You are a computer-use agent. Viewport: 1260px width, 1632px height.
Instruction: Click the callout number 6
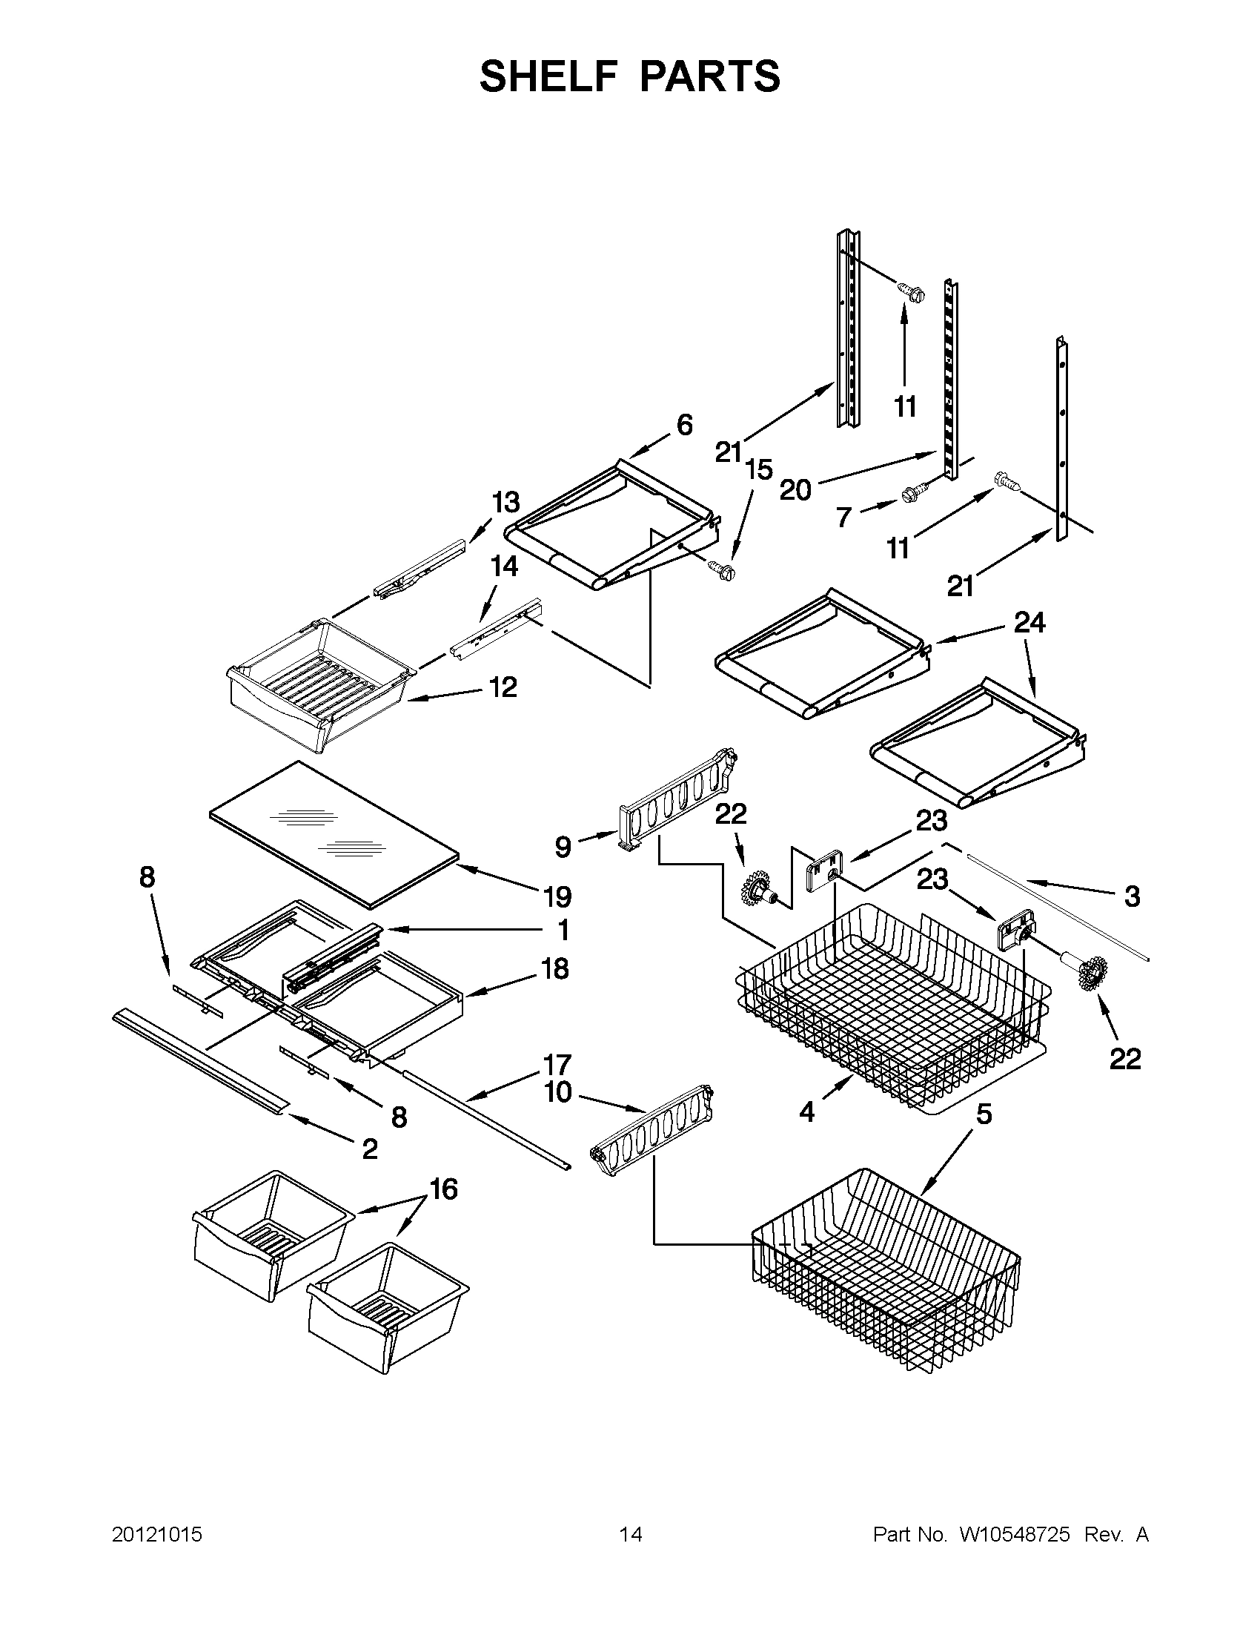[684, 424]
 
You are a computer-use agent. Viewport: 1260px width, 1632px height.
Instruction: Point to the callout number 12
[503, 687]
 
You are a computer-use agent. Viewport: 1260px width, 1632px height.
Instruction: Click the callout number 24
[1029, 622]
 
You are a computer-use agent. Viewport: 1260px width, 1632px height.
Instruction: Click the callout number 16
[444, 1188]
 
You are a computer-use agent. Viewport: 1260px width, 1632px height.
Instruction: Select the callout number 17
[557, 1064]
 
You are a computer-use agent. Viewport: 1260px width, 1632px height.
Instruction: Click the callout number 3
[1132, 896]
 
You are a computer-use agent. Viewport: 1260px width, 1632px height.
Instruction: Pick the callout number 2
[370, 1149]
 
